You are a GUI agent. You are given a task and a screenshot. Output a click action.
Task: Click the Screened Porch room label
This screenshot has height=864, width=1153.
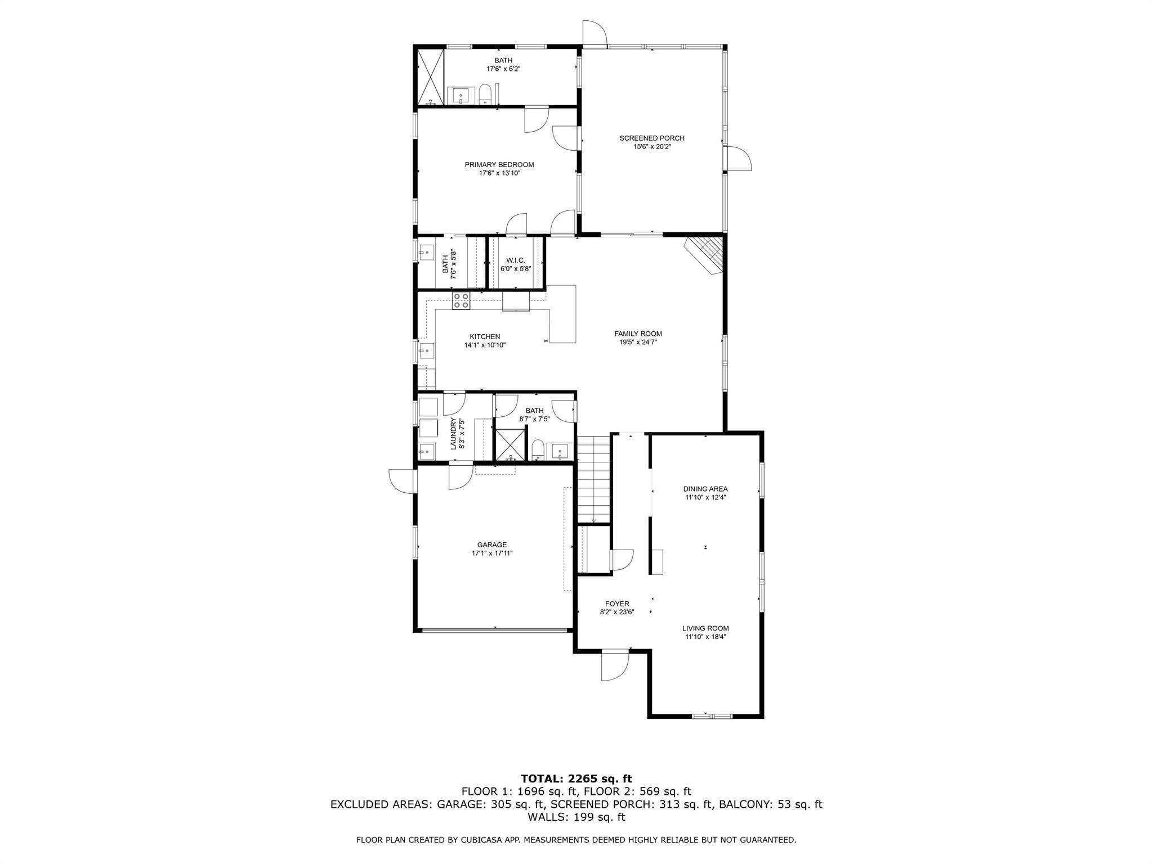coord(651,138)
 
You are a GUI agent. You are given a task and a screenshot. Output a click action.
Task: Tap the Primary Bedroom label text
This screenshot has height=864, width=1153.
coord(499,165)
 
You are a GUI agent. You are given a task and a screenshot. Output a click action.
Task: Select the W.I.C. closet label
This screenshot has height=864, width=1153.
coord(515,260)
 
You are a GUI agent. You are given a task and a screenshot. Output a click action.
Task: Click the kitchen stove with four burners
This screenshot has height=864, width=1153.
coord(461,301)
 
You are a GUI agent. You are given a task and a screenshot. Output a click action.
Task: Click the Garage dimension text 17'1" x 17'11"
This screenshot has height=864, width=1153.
coord(492,553)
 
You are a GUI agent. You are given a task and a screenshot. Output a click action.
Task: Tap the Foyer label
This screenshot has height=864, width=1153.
coord(617,604)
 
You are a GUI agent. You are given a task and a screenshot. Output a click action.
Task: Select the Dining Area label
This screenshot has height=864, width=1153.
coord(705,489)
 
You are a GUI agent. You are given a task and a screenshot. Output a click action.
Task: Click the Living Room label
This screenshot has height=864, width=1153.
coord(705,628)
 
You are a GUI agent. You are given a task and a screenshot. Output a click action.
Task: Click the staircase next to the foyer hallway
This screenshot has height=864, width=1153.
coord(594,478)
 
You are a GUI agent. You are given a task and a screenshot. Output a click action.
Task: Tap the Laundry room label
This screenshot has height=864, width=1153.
coord(454,433)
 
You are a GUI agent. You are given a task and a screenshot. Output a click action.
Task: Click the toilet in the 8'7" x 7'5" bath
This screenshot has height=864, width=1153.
coord(538,449)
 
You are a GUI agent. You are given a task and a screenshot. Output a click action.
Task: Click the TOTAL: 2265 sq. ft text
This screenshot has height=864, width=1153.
coord(576,779)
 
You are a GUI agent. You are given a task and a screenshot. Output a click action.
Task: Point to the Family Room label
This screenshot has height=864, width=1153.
coord(638,334)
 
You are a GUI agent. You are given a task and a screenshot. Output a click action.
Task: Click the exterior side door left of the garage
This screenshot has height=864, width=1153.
coord(402,481)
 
